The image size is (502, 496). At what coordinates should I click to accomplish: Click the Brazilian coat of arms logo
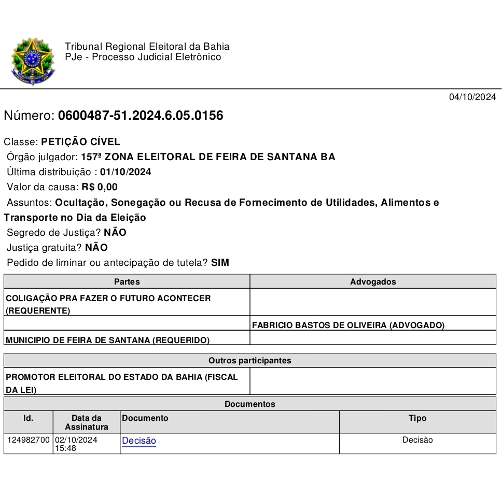[x=32, y=61]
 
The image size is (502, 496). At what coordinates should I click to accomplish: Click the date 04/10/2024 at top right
[x=472, y=97]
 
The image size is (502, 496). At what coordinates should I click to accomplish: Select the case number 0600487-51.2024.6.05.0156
[x=141, y=116]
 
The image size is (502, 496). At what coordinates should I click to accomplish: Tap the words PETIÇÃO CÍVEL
[x=80, y=141]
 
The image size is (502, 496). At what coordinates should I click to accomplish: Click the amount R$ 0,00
[x=100, y=187]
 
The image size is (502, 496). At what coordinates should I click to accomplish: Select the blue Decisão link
[x=139, y=441]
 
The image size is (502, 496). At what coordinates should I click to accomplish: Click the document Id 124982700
[x=29, y=440]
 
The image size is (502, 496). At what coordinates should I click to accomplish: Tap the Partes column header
[x=127, y=282]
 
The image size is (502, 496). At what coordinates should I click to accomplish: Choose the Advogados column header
[x=373, y=282]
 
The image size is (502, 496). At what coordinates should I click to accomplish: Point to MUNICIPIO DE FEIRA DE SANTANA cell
[x=108, y=341]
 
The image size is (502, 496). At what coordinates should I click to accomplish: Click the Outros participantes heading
[x=250, y=361]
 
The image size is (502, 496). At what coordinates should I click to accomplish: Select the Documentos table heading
[x=250, y=404]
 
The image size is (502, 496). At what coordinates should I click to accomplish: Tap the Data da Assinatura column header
[x=87, y=422]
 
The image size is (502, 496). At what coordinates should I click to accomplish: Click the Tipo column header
[x=417, y=418]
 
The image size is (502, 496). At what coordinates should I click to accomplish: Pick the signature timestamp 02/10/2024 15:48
[x=76, y=444]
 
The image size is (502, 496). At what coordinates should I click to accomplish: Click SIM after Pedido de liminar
[x=220, y=263]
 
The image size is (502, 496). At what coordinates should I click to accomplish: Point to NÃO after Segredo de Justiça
[x=115, y=233]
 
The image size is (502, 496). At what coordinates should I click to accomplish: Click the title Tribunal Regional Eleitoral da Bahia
[x=147, y=47]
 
